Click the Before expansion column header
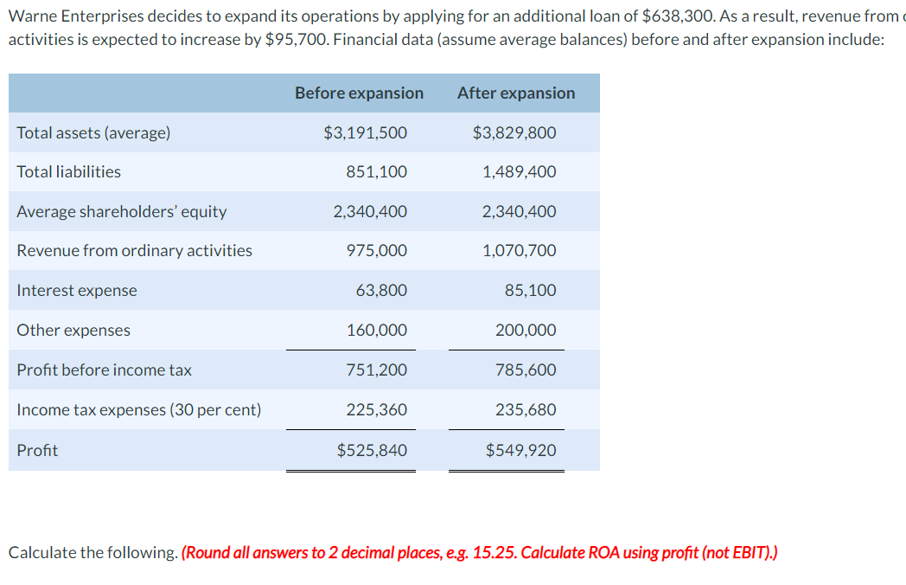tap(359, 93)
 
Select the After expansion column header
tap(515, 93)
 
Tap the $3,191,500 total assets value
tap(365, 132)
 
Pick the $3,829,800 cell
tap(514, 132)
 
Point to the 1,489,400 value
tap(520, 171)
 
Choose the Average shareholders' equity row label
tap(121, 211)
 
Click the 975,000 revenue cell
tap(376, 250)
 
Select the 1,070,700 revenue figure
tap(520, 250)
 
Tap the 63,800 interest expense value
tap(381, 290)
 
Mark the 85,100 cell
tap(531, 290)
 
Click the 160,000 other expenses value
tap(376, 330)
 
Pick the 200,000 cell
tap(526, 330)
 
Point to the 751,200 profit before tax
tap(376, 370)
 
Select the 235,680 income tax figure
tap(526, 409)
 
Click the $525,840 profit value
tap(372, 450)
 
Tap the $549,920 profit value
tap(520, 450)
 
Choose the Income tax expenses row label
tap(138, 409)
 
